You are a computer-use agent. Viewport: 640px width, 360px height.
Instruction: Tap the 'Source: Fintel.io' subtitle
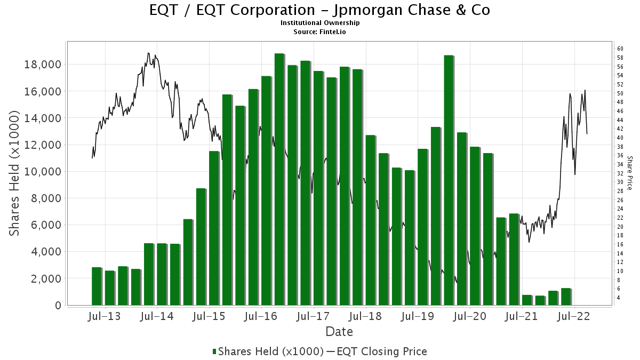[x=320, y=31]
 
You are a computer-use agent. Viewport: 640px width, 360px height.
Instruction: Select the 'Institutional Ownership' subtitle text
[x=320, y=23]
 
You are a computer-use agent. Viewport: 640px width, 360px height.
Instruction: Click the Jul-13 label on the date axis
[x=103, y=316]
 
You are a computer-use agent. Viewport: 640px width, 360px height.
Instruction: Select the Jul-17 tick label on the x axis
[x=313, y=316]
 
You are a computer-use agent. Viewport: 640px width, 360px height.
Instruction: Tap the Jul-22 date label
[x=573, y=316]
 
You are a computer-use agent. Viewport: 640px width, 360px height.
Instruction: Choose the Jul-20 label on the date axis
[x=469, y=316]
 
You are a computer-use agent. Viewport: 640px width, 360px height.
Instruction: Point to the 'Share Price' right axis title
[x=629, y=173]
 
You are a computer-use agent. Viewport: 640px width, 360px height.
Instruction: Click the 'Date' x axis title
[x=339, y=332]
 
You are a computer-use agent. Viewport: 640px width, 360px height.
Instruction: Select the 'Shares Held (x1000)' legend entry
[x=270, y=351]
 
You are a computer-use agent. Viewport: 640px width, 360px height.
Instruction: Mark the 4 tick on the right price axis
[x=619, y=298]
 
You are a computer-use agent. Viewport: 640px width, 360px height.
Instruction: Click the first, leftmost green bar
[x=97, y=286]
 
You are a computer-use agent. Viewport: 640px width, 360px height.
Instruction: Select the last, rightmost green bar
[x=566, y=297]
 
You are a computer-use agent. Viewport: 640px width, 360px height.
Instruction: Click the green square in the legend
[x=214, y=351]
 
